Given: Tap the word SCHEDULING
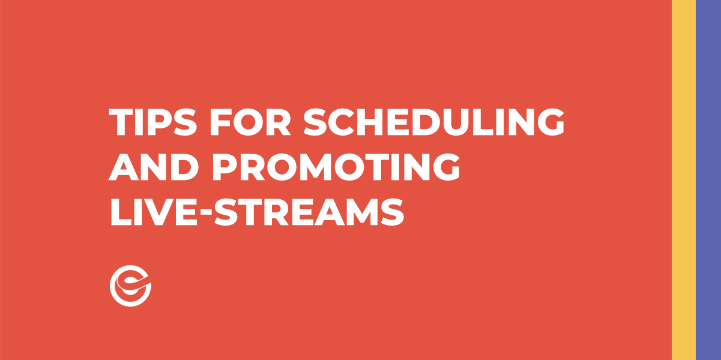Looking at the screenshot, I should coord(434,123).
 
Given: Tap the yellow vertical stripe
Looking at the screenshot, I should coord(684,180).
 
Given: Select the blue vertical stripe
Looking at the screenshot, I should coord(708,180).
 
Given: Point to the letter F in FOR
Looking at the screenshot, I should coord(219,123).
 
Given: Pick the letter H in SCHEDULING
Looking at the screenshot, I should coord(376,123).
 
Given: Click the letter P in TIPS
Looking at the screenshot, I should coord(155,123).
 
